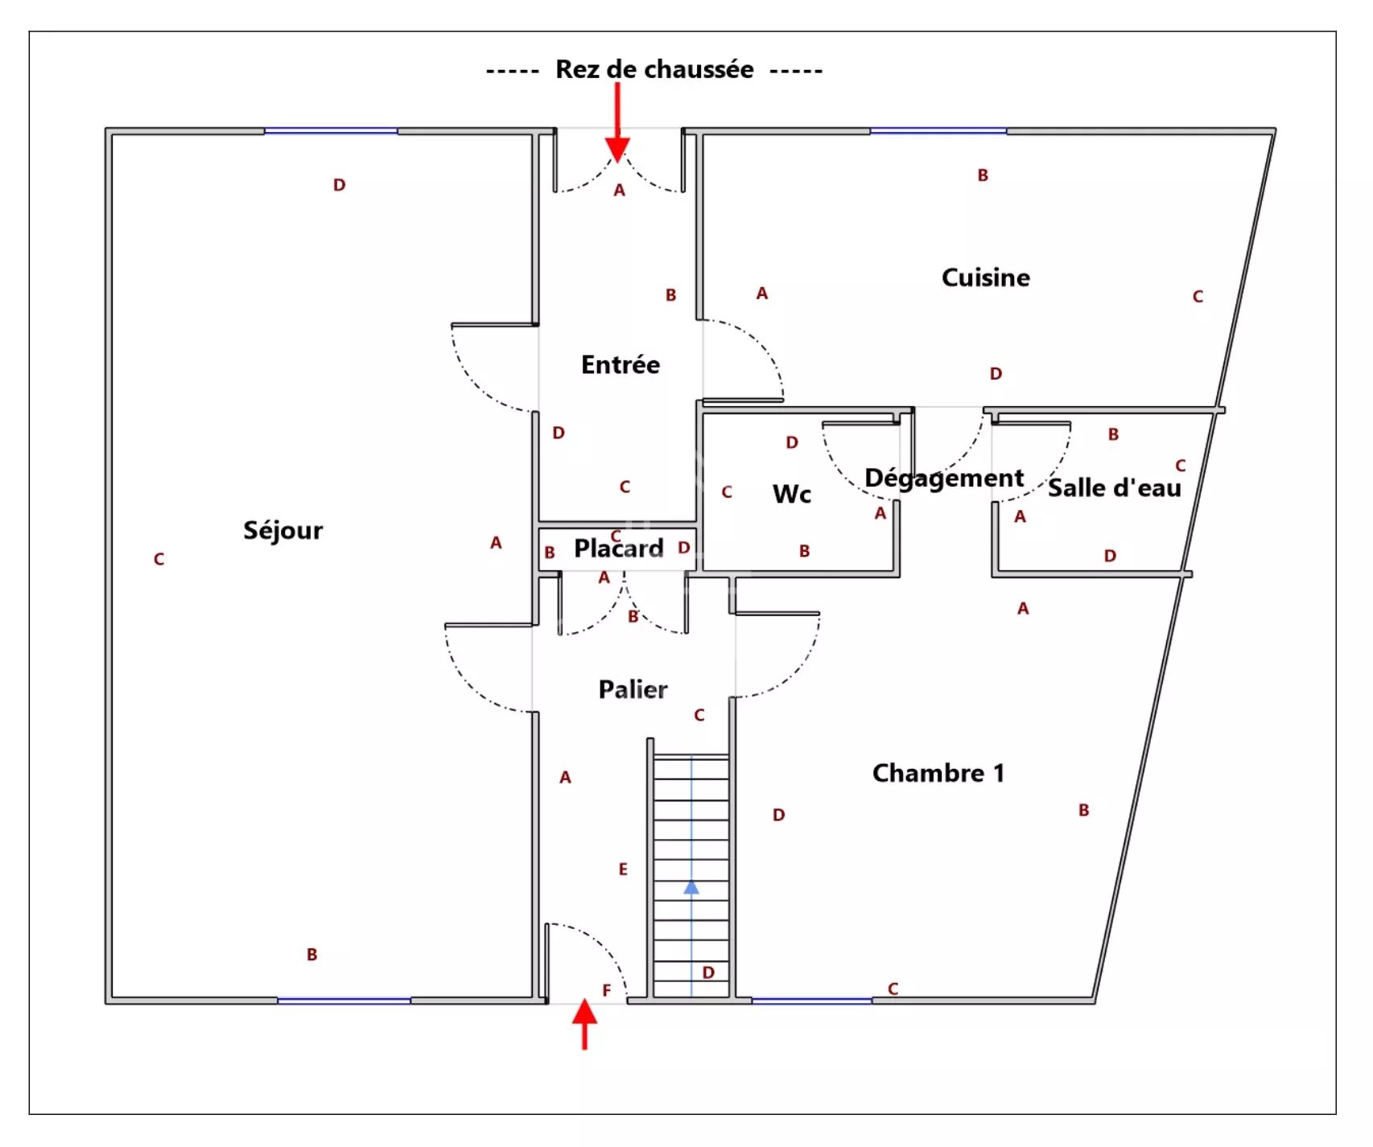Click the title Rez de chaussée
coord(654,70)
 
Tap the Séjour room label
coord(282,531)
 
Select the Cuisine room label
coord(985,277)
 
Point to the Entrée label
coord(620,365)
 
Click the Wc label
coord(791,494)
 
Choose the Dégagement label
coord(943,479)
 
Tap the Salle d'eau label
coord(1114,488)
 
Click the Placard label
coord(618,549)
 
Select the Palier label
coord(633,689)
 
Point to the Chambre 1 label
coord(938,773)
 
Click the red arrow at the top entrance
coord(617,129)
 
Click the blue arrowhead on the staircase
coord(691,887)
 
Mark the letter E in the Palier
coord(623,869)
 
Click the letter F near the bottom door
coord(607,990)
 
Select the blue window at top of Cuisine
coord(938,130)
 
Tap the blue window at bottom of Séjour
coord(344,1001)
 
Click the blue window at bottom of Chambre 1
coord(811,1001)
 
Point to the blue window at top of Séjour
coord(331,130)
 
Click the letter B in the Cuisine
coord(983,175)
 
